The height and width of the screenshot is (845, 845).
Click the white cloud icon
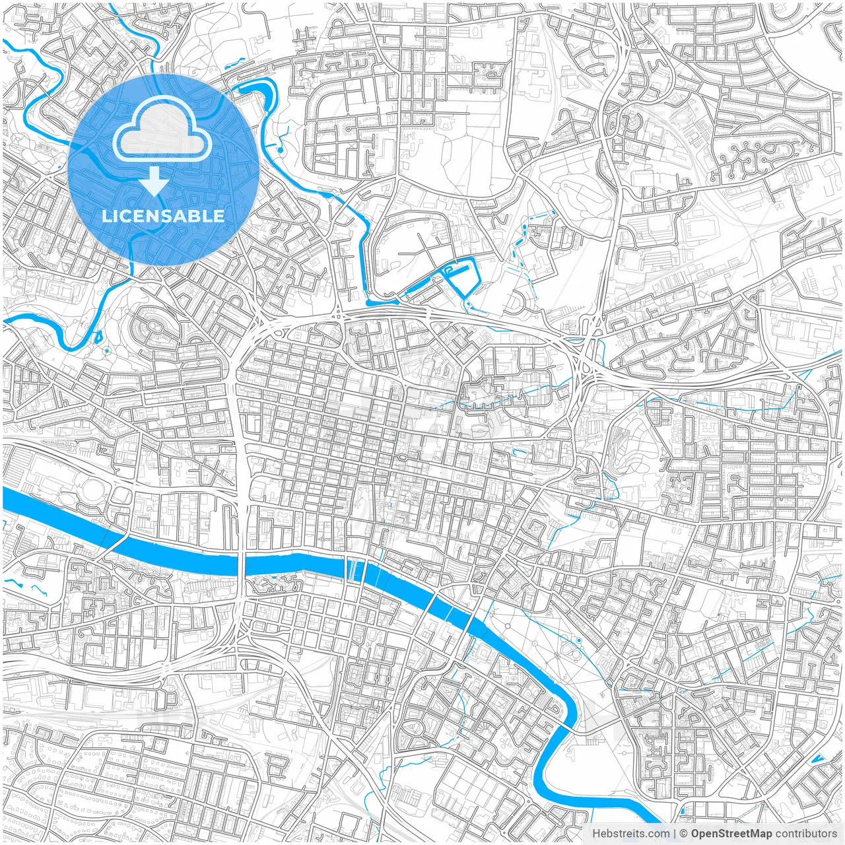click(162, 131)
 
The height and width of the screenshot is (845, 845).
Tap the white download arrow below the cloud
click(154, 182)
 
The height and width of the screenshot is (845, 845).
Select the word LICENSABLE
click(162, 216)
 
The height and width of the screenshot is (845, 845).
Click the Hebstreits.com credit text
click(630, 834)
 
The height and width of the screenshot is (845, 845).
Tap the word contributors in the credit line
click(806, 834)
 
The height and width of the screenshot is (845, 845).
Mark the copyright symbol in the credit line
click(684, 834)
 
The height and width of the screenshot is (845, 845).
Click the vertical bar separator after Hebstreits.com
click(675, 834)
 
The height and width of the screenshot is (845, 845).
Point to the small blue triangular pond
click(819, 759)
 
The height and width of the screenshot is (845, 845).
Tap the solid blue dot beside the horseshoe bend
click(280, 151)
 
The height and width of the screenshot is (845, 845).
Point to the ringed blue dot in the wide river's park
click(579, 640)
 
